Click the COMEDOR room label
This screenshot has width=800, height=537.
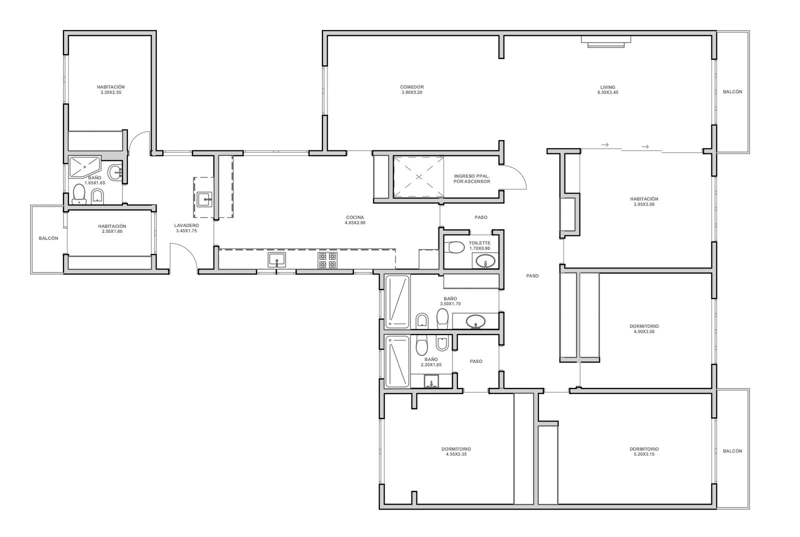point(412,87)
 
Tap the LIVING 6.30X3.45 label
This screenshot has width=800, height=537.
point(607,89)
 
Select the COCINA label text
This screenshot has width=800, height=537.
point(354,217)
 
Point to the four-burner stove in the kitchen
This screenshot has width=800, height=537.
point(327,260)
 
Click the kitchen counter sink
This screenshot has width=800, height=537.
point(277,259)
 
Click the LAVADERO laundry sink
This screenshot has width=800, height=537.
point(204,199)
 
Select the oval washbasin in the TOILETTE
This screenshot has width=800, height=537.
point(485,260)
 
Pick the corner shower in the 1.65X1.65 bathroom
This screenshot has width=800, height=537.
point(84,166)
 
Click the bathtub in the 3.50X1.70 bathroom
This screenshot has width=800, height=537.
point(397,301)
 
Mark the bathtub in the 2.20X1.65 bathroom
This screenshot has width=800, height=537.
point(397,361)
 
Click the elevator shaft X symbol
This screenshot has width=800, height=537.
point(419,176)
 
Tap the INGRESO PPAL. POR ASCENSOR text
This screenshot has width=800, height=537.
point(472,179)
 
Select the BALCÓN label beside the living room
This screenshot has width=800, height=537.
point(732,92)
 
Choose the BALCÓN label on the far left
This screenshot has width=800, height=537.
point(48,238)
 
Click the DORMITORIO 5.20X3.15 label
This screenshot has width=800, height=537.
point(644,451)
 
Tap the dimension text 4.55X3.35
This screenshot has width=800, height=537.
point(456,454)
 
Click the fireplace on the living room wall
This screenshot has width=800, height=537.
point(606,42)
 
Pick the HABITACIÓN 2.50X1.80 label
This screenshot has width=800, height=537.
point(112,229)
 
